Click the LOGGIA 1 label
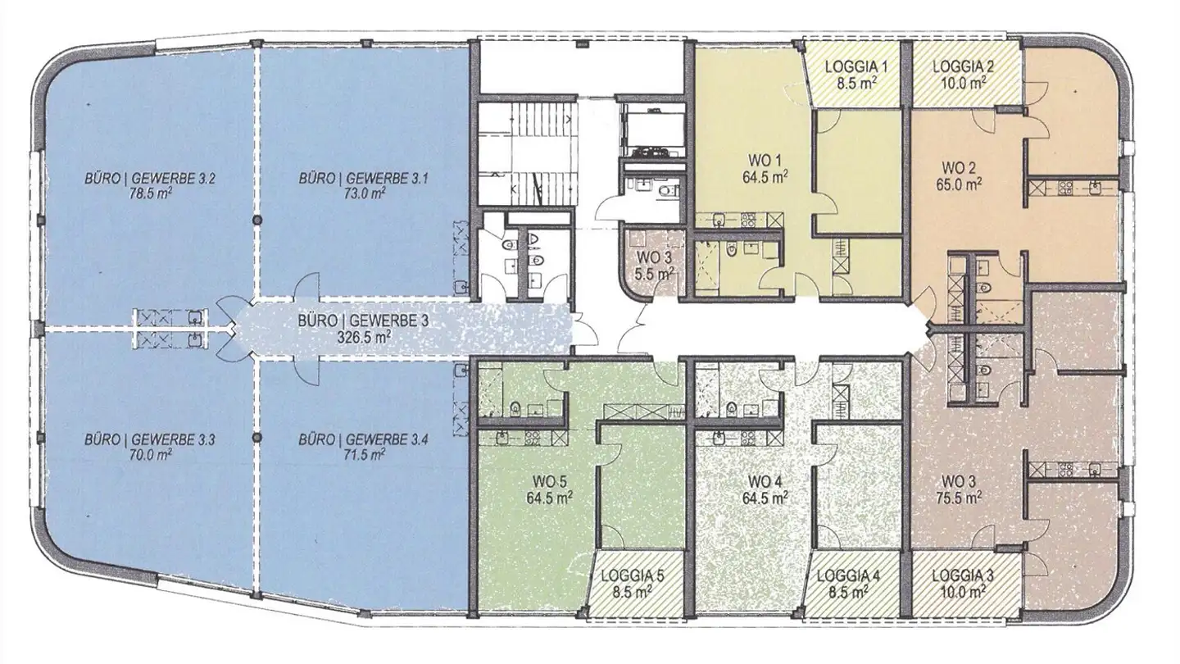[x=856, y=67]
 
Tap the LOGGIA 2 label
[x=963, y=67]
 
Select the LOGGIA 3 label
[x=962, y=575]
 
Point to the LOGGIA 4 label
[x=848, y=575]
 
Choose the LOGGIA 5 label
[x=632, y=575]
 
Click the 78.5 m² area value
[x=150, y=193]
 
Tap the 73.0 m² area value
[x=364, y=193]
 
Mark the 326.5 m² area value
[x=364, y=336]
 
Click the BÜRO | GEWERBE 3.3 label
[x=150, y=439]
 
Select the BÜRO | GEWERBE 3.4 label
[x=364, y=439]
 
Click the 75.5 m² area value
[x=959, y=497]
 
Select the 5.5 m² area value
[x=656, y=274]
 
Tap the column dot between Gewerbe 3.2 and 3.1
[x=257, y=221]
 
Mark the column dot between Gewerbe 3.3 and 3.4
[x=257, y=438]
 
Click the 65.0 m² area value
[x=959, y=184]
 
